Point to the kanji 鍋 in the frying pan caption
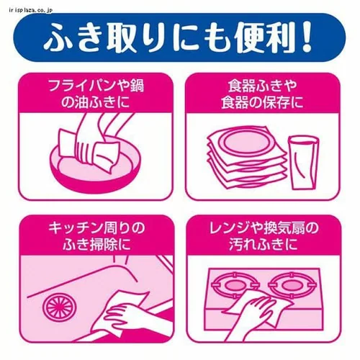click(137, 86)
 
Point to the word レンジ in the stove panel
click(228, 228)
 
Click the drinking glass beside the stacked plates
click(302, 163)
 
